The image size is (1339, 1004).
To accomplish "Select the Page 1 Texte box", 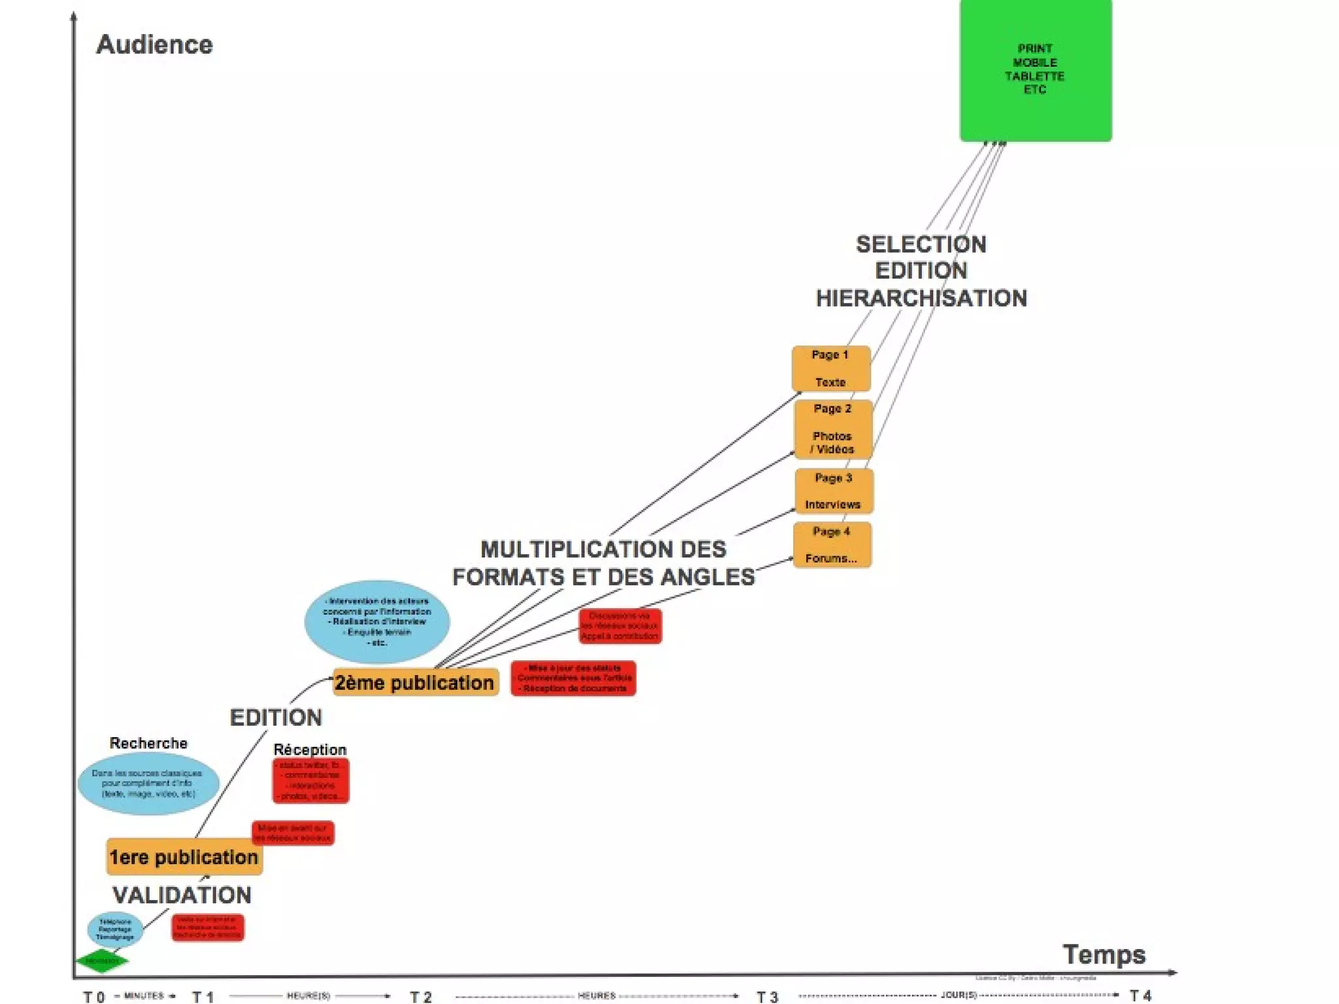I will (x=830, y=368).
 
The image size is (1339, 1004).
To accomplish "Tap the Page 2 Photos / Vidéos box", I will (x=832, y=429).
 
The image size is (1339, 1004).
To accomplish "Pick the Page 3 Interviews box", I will (x=833, y=491).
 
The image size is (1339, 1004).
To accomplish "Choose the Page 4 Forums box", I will (x=832, y=545).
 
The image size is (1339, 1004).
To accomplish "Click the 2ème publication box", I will (x=415, y=682).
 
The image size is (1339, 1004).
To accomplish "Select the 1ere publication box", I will (x=184, y=857).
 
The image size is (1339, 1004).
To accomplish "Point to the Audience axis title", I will (x=154, y=44).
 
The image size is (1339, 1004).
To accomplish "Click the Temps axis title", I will (x=1104, y=954).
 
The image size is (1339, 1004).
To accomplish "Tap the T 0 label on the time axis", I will (x=94, y=997).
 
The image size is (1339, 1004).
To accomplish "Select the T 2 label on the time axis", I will (x=421, y=997).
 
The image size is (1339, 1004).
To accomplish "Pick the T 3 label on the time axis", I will (x=768, y=997).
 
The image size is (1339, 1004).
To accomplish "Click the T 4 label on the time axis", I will (x=1140, y=995).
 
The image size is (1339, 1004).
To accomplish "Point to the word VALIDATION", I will (x=182, y=895).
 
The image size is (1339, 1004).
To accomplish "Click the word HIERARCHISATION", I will (x=921, y=298).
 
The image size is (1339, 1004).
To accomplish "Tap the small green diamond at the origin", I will (x=102, y=961).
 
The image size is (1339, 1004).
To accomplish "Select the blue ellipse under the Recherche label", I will (x=148, y=784).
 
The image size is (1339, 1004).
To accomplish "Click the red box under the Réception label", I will (x=311, y=780).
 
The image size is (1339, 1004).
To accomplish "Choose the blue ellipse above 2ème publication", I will (x=377, y=621).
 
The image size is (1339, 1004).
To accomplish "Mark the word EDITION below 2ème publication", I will (x=276, y=718).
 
